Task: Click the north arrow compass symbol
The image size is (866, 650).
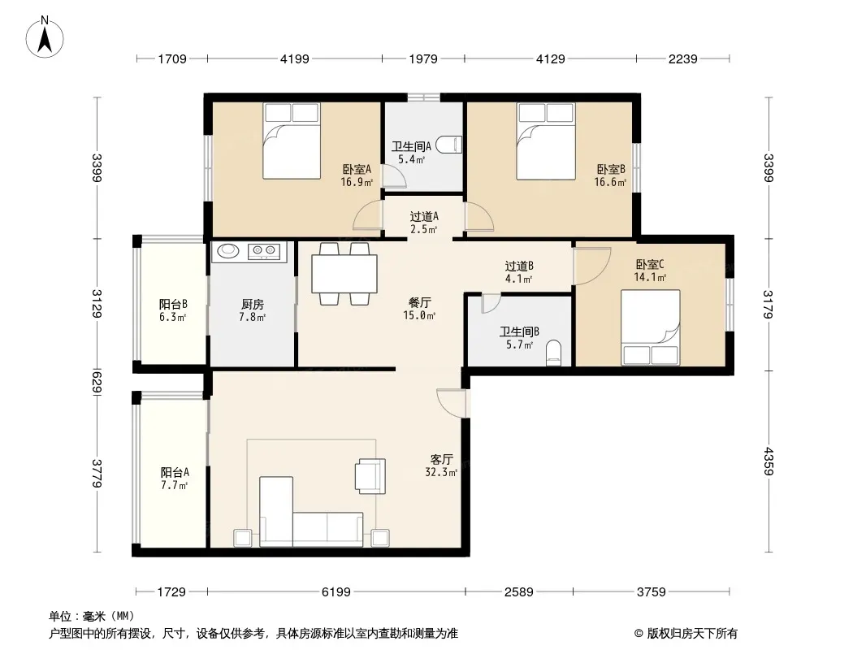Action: coord(45,37)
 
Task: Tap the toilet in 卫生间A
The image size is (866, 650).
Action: coord(448,145)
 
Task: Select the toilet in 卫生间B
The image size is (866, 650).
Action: coord(553,353)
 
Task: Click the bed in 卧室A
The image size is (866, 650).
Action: coord(292,141)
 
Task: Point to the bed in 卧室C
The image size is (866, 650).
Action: coord(650,327)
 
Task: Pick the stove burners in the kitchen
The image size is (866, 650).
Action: coord(264,251)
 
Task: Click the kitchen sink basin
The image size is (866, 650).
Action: coord(228,251)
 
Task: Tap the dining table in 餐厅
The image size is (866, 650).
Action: coord(344,273)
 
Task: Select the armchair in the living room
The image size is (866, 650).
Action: coord(370,475)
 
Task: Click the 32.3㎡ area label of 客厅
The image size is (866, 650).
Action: coord(441,472)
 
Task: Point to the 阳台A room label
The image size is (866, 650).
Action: coord(175,472)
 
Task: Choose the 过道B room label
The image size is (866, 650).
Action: coord(519,266)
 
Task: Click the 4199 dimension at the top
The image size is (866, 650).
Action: coord(294,58)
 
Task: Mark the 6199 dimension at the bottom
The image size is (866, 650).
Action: coord(336,592)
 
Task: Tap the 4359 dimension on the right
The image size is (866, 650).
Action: coord(769,461)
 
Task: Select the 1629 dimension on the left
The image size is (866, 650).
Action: coord(97,382)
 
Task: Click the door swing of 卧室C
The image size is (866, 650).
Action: coord(592,266)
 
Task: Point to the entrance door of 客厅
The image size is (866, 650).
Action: coord(452,403)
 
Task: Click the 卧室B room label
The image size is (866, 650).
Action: coord(611,169)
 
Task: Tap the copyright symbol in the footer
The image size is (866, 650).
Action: coord(639,634)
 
